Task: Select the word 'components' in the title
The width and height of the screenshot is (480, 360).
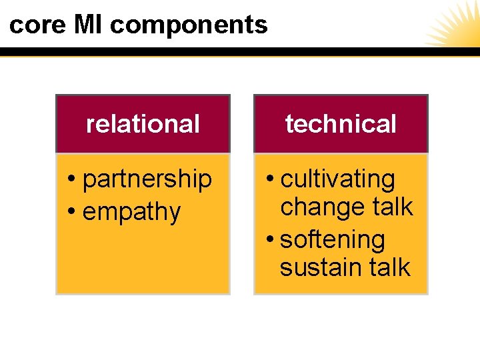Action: (x=189, y=25)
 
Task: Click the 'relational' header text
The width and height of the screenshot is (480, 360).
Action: (x=143, y=124)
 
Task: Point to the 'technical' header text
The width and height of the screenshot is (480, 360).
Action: (x=341, y=124)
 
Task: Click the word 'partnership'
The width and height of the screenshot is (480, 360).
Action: (x=147, y=179)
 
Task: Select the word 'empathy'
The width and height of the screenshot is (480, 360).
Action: (x=131, y=212)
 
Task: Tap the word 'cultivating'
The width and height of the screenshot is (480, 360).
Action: (x=338, y=179)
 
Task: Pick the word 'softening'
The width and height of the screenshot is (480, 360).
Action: (x=333, y=239)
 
